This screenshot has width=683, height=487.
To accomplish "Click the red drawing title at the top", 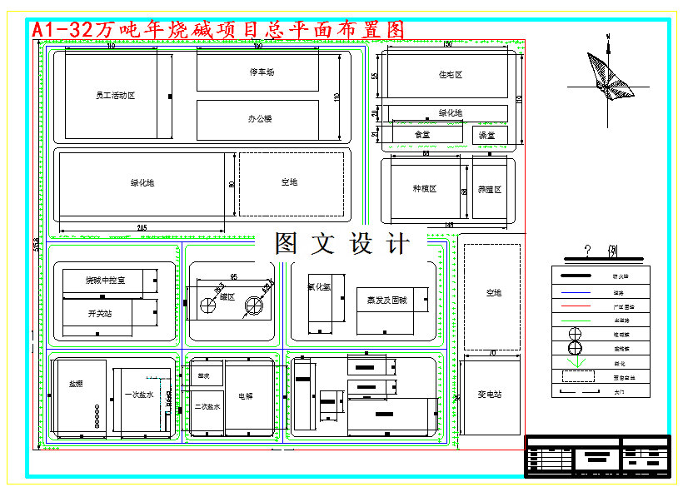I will point(218,29).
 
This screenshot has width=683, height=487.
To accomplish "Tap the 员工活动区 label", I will point(115,96).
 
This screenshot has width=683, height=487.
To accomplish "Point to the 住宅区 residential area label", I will point(450,75).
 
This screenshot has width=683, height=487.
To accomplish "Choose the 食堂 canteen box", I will point(422,134).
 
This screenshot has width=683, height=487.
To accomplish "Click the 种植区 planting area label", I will point(425,189).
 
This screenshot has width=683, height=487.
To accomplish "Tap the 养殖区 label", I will point(490,189).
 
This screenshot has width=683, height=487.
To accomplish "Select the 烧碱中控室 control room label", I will point(105,281).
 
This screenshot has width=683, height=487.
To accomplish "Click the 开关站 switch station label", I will point(100,314).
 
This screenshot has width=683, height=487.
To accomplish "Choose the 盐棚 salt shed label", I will point(76,384).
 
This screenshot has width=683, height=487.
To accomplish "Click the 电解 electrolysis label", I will point(245,396).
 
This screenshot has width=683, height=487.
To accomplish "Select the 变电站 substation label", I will point(489,394).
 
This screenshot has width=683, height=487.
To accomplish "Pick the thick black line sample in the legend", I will point(575,276).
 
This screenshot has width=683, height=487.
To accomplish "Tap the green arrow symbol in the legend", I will point(575,363).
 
